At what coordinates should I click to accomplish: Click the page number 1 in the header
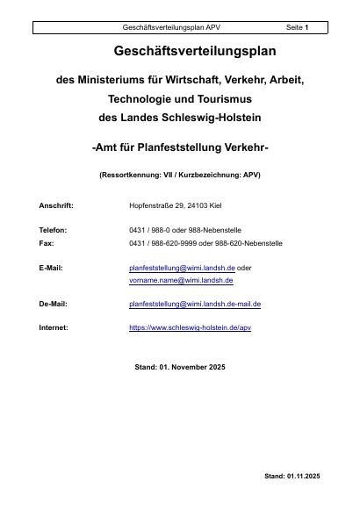coord(306,28)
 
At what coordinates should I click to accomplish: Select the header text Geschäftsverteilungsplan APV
coord(171,28)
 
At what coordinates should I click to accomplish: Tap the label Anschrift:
coord(56,205)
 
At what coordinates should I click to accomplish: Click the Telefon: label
coord(53,230)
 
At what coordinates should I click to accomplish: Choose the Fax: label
coord(46,241)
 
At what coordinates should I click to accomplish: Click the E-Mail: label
coord(51,267)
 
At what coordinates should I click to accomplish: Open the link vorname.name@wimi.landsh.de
coord(181,280)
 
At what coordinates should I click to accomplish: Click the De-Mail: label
coord(53,304)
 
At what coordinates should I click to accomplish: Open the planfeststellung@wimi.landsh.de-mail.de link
coord(195,304)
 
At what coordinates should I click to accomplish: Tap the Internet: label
coord(54,327)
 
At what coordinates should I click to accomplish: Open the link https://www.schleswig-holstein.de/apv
coord(191,327)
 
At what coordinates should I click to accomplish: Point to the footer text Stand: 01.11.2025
coord(292,476)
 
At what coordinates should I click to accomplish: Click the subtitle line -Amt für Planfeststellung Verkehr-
coord(180,147)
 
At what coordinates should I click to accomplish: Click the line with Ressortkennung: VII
coord(180,175)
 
